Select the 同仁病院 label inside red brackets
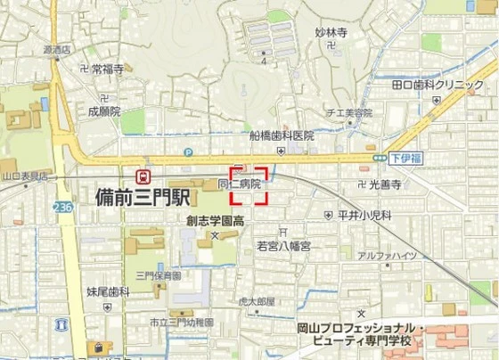[x=240, y=184]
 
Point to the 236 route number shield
[x=61, y=206]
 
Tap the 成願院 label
[x=103, y=112]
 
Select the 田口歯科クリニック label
[x=430, y=84]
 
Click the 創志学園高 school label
[x=215, y=219]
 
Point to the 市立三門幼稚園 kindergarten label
[x=182, y=323]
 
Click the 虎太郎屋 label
[x=256, y=301]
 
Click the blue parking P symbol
[x=187, y=152]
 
